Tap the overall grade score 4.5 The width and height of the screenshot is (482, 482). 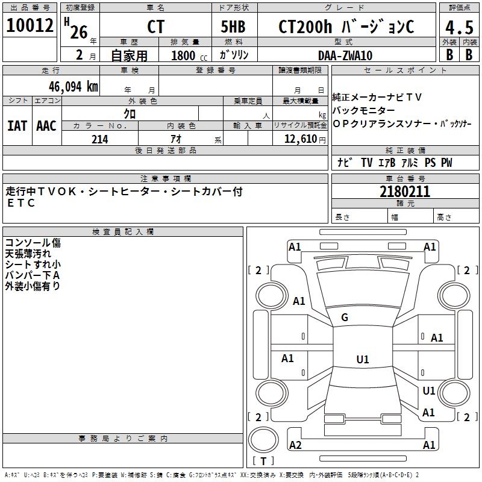click(x=459, y=27)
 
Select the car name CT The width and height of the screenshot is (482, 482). click(x=155, y=27)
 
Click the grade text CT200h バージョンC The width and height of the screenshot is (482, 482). click(x=346, y=27)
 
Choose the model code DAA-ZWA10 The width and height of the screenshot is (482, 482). click(x=345, y=55)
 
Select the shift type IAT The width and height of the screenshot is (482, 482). click(x=17, y=125)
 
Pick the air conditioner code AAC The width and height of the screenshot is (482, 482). click(x=46, y=125)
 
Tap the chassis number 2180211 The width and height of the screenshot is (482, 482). click(x=405, y=192)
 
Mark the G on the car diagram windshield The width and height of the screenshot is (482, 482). click(x=345, y=318)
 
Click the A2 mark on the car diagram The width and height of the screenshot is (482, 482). click(x=295, y=445)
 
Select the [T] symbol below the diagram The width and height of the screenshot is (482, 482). click(x=263, y=461)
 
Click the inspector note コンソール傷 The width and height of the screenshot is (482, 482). click(x=33, y=243)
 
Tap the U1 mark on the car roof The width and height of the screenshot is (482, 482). click(x=362, y=360)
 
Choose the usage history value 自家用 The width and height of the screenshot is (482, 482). click(x=129, y=55)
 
